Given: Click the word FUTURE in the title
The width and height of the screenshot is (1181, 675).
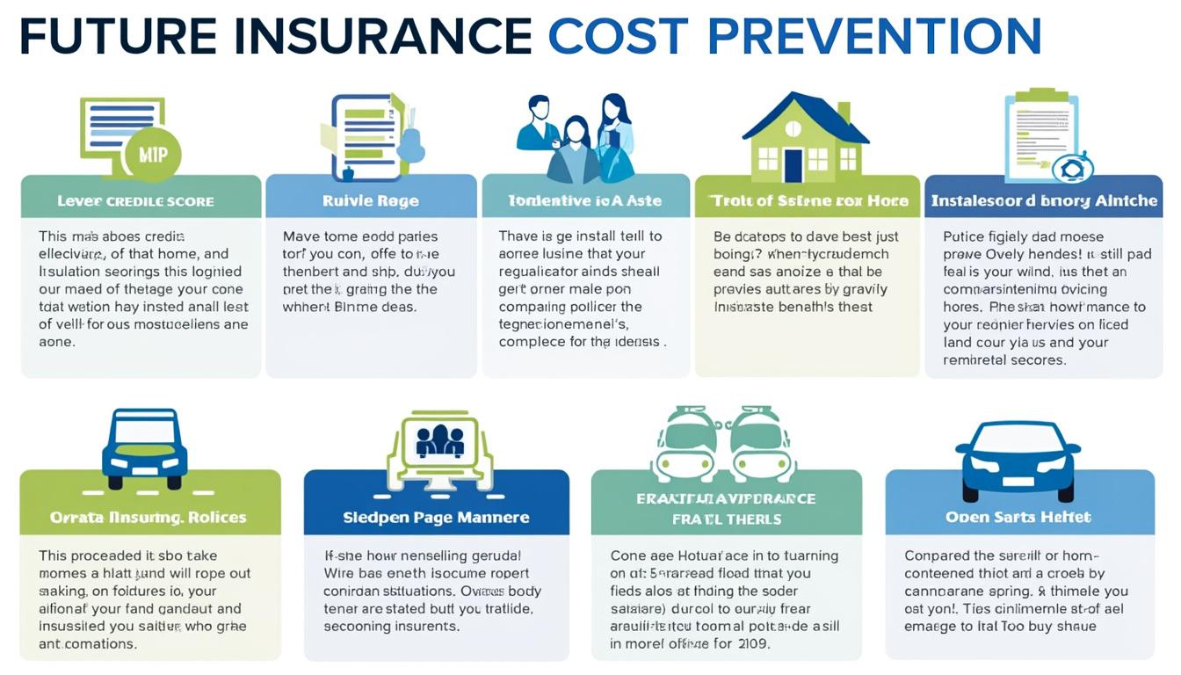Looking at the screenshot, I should coord(118,37).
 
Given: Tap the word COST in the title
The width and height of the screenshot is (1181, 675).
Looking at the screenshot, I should coord(618,37).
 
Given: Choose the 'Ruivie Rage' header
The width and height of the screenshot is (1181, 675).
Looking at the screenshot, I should coord(370,200).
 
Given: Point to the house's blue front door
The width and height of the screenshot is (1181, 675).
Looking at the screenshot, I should coord(793,164).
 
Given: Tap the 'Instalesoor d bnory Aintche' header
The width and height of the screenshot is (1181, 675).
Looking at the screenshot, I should coord(1044,200).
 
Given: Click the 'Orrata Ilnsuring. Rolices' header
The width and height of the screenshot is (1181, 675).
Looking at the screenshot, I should coord(149,517).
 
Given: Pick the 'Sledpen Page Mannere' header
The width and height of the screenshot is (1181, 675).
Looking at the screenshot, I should coord(436,517).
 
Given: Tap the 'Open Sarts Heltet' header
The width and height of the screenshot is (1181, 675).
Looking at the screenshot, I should coord(1018,517).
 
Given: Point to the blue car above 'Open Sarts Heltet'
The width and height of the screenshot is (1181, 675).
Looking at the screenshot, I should coord(1018,459).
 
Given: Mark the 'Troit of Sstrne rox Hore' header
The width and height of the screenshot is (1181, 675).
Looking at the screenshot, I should coord(808,200).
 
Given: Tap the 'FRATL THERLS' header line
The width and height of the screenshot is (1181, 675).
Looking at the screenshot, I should coord(727,519).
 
